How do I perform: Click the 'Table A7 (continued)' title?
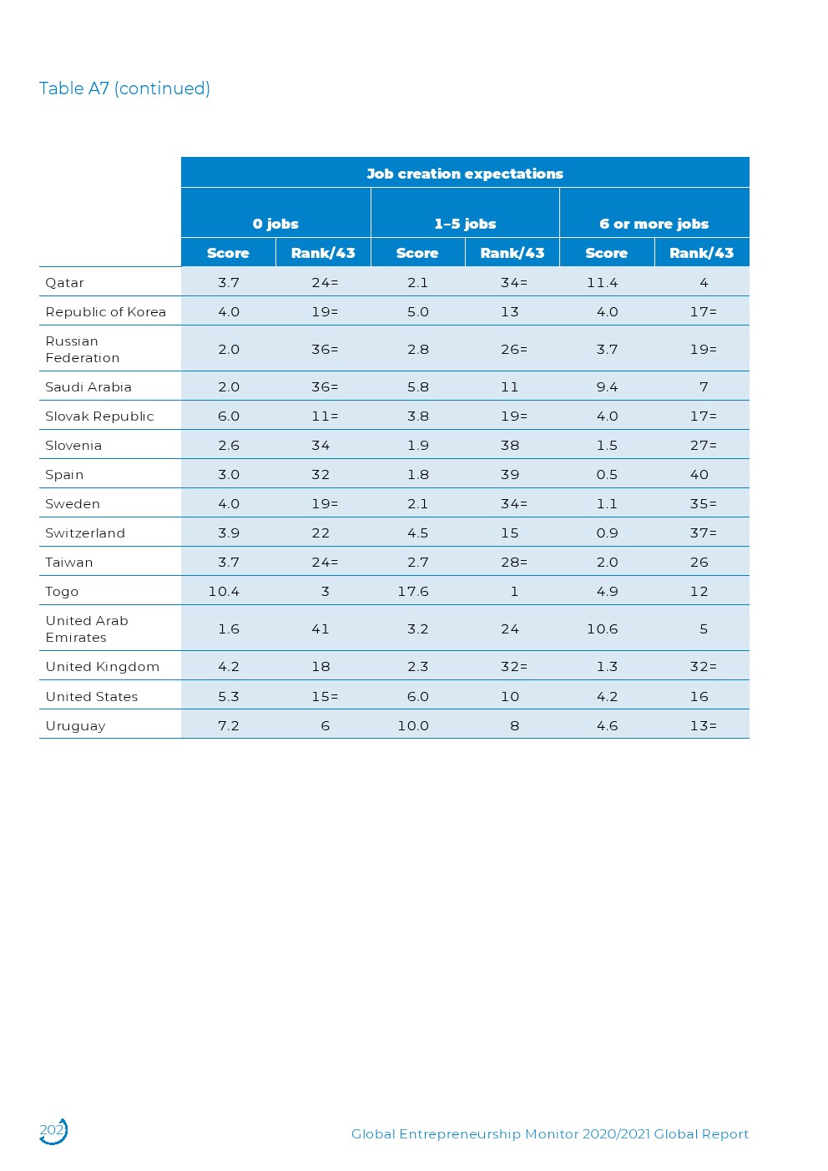pyautogui.click(x=124, y=88)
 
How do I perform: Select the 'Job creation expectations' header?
pyautogui.click(x=465, y=174)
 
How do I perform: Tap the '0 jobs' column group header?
pyautogui.click(x=275, y=224)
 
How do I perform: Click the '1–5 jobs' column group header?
pyautogui.click(x=465, y=224)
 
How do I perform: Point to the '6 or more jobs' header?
pyautogui.click(x=654, y=224)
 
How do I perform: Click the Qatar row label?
pyautogui.click(x=65, y=283)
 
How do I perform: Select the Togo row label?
pyautogui.click(x=62, y=592)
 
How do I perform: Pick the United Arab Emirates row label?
pyautogui.click(x=87, y=629)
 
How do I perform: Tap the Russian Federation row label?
pyautogui.click(x=82, y=350)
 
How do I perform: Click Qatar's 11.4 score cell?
pyautogui.click(x=602, y=283)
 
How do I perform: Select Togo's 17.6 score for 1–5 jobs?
pyautogui.click(x=413, y=592)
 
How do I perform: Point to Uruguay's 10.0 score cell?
pyautogui.click(x=413, y=726)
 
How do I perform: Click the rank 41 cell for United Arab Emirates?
pyautogui.click(x=321, y=629)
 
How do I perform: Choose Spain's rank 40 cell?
pyautogui.click(x=699, y=475)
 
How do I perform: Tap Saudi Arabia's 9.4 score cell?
pyautogui.click(x=607, y=387)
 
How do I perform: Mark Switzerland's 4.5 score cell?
pyautogui.click(x=417, y=533)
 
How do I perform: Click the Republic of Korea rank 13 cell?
pyautogui.click(x=510, y=312)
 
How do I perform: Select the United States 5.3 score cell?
pyautogui.click(x=228, y=697)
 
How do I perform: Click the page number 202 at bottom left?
pyautogui.click(x=52, y=1130)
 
